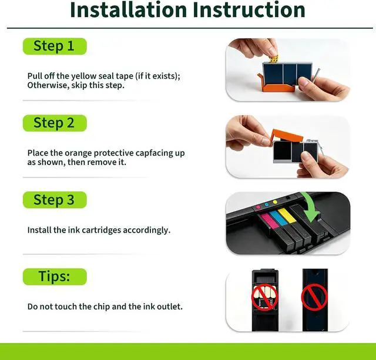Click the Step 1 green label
click(55, 46)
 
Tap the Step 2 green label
click(55, 123)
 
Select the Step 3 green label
click(55, 200)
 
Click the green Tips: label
click(55, 277)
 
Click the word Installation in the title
click(128, 10)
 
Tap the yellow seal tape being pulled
click(274, 59)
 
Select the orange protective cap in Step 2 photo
click(287, 136)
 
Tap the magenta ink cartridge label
click(269, 220)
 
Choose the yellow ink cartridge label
click(287, 215)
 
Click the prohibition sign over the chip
click(265, 297)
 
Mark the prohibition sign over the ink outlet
click(314, 297)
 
